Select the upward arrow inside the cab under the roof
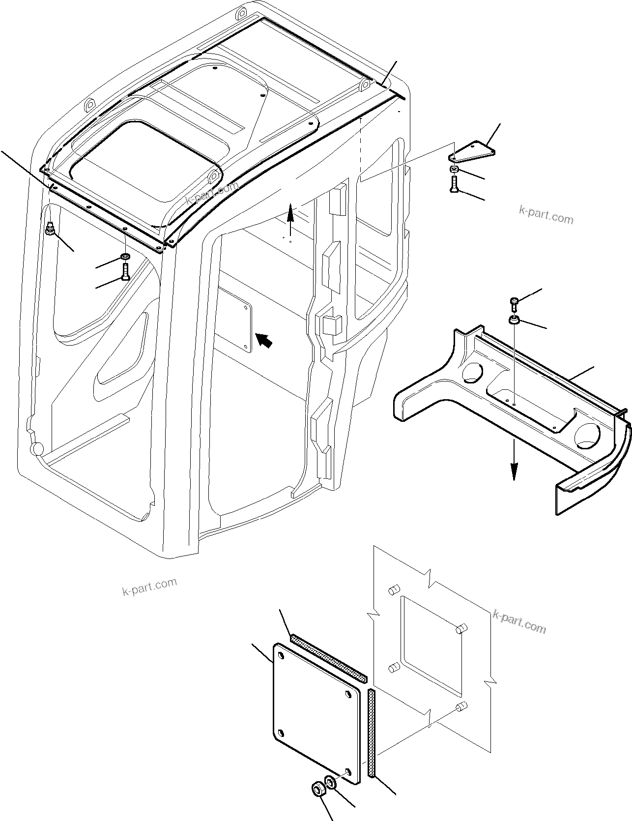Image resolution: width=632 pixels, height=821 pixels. [x=290, y=214]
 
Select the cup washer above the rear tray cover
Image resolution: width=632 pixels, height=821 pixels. [x=514, y=321]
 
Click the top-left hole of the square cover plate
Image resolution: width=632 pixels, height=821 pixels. [x=280, y=656]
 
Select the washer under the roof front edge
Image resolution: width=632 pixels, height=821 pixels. [x=125, y=257]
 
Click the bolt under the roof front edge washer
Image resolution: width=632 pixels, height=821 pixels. [x=125, y=271]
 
